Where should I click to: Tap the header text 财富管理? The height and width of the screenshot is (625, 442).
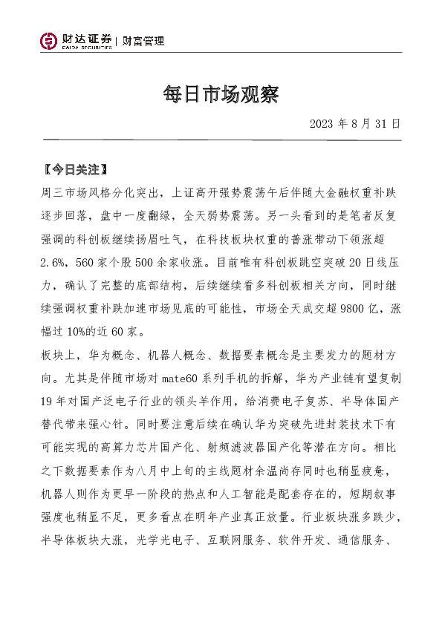pos(143,41)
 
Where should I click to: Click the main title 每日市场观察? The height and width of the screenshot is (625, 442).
pos(220,94)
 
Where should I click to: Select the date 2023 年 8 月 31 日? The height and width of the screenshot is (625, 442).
pos(355,123)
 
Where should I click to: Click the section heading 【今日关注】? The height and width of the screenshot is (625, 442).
pos(76,169)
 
